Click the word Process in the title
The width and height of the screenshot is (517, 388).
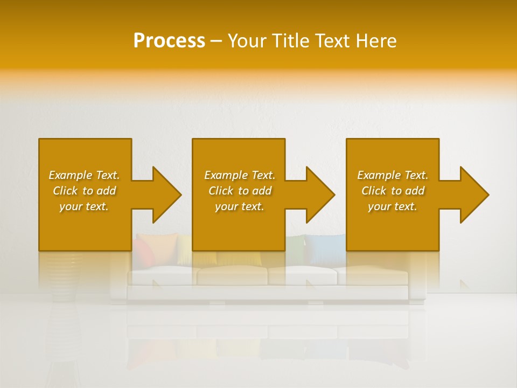pyautogui.click(x=169, y=41)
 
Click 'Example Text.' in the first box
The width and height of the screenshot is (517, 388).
pyautogui.click(x=84, y=175)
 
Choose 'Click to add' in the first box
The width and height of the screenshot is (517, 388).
pyautogui.click(x=84, y=191)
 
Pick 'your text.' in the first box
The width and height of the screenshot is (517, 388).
pyautogui.click(x=84, y=206)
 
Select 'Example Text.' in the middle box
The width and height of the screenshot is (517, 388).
pyautogui.click(x=239, y=175)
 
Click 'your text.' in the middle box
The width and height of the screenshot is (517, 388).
pyautogui.click(x=239, y=206)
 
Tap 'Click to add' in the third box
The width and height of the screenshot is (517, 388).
pyautogui.click(x=393, y=191)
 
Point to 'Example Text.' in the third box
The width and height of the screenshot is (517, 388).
pyautogui.click(x=393, y=175)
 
